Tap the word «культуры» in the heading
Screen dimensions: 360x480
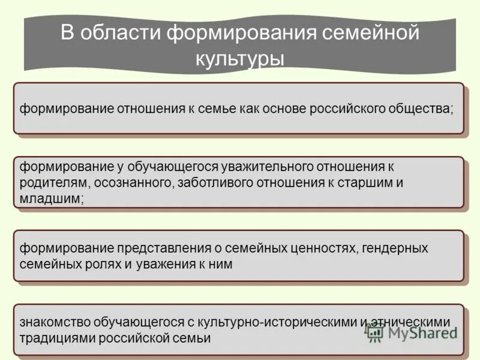click(x=239, y=58)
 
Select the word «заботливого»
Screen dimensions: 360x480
click(x=215, y=183)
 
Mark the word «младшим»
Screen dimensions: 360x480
click(x=52, y=199)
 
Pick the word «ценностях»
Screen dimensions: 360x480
click(x=321, y=248)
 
